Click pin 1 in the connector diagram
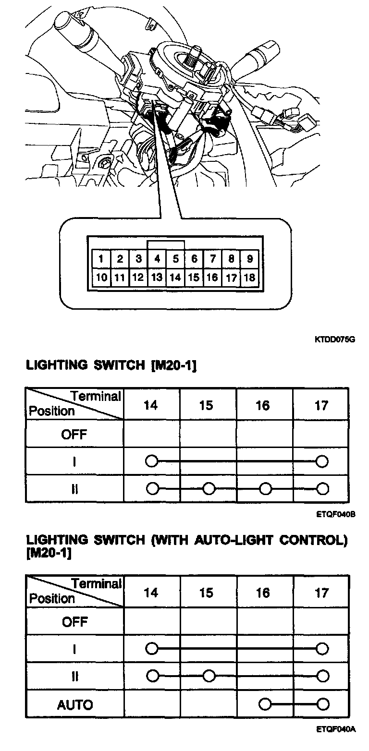click(101, 259)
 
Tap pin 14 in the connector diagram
click(175, 277)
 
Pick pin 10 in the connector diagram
click(101, 277)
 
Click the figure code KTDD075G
click(335, 339)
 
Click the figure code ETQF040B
click(335, 514)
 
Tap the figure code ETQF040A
click(335, 729)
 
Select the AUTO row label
click(75, 705)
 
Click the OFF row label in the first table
click(74, 435)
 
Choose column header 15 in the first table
click(206, 406)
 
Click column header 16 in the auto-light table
click(263, 593)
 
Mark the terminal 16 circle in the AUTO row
click(264, 704)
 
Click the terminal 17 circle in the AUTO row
click(322, 704)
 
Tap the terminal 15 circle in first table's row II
click(208, 489)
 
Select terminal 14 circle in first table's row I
click(151, 461)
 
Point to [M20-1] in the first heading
click(173, 366)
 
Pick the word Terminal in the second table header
click(97, 584)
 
